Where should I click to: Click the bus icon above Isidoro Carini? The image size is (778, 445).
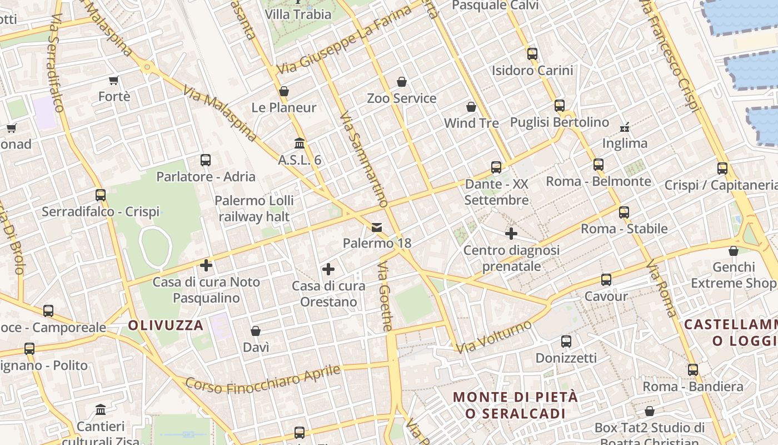532,54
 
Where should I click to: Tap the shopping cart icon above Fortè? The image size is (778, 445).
114,80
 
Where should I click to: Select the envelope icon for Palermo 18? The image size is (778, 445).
377,227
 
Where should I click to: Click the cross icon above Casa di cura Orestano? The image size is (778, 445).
328,270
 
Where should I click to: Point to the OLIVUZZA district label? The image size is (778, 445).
166,325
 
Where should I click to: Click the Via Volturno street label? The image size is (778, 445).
493,336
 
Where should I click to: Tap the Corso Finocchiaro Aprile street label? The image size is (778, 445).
262,379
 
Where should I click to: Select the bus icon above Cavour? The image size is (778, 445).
606,280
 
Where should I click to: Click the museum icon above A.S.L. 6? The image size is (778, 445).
300,144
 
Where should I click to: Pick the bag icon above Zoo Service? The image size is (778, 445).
402,82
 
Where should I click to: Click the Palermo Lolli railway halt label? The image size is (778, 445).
255,209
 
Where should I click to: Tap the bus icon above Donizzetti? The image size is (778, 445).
566,342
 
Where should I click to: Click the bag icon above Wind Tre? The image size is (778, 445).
471,107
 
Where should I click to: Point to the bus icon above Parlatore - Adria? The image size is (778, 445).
206,160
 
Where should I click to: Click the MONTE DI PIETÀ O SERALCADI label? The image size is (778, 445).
515,406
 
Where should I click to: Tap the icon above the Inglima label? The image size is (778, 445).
625,127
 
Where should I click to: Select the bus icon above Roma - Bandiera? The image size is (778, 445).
692,370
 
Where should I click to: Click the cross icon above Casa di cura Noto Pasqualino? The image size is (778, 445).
206,265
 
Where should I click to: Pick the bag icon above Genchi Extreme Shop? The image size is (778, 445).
734,251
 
